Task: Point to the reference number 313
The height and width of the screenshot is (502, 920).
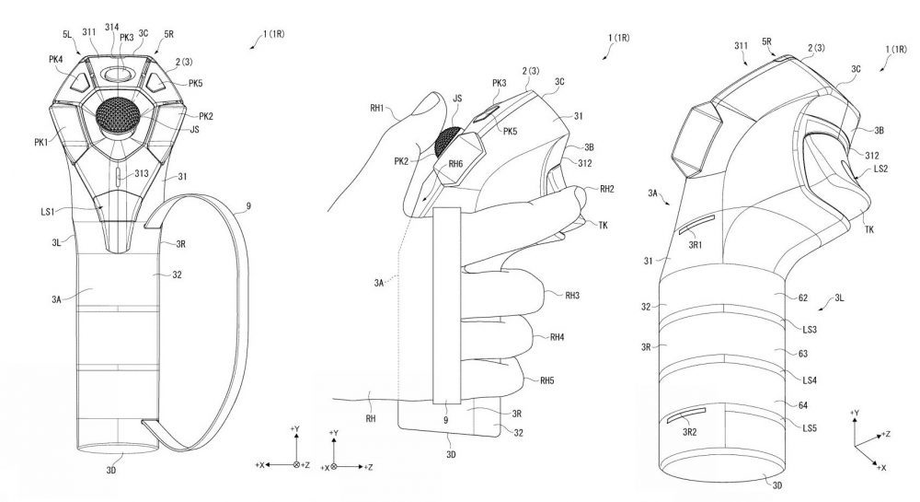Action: (x=141, y=173)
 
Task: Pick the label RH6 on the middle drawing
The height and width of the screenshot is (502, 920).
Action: (x=455, y=164)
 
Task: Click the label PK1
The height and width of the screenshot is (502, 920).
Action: (x=42, y=143)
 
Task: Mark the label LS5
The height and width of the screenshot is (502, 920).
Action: (x=811, y=428)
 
